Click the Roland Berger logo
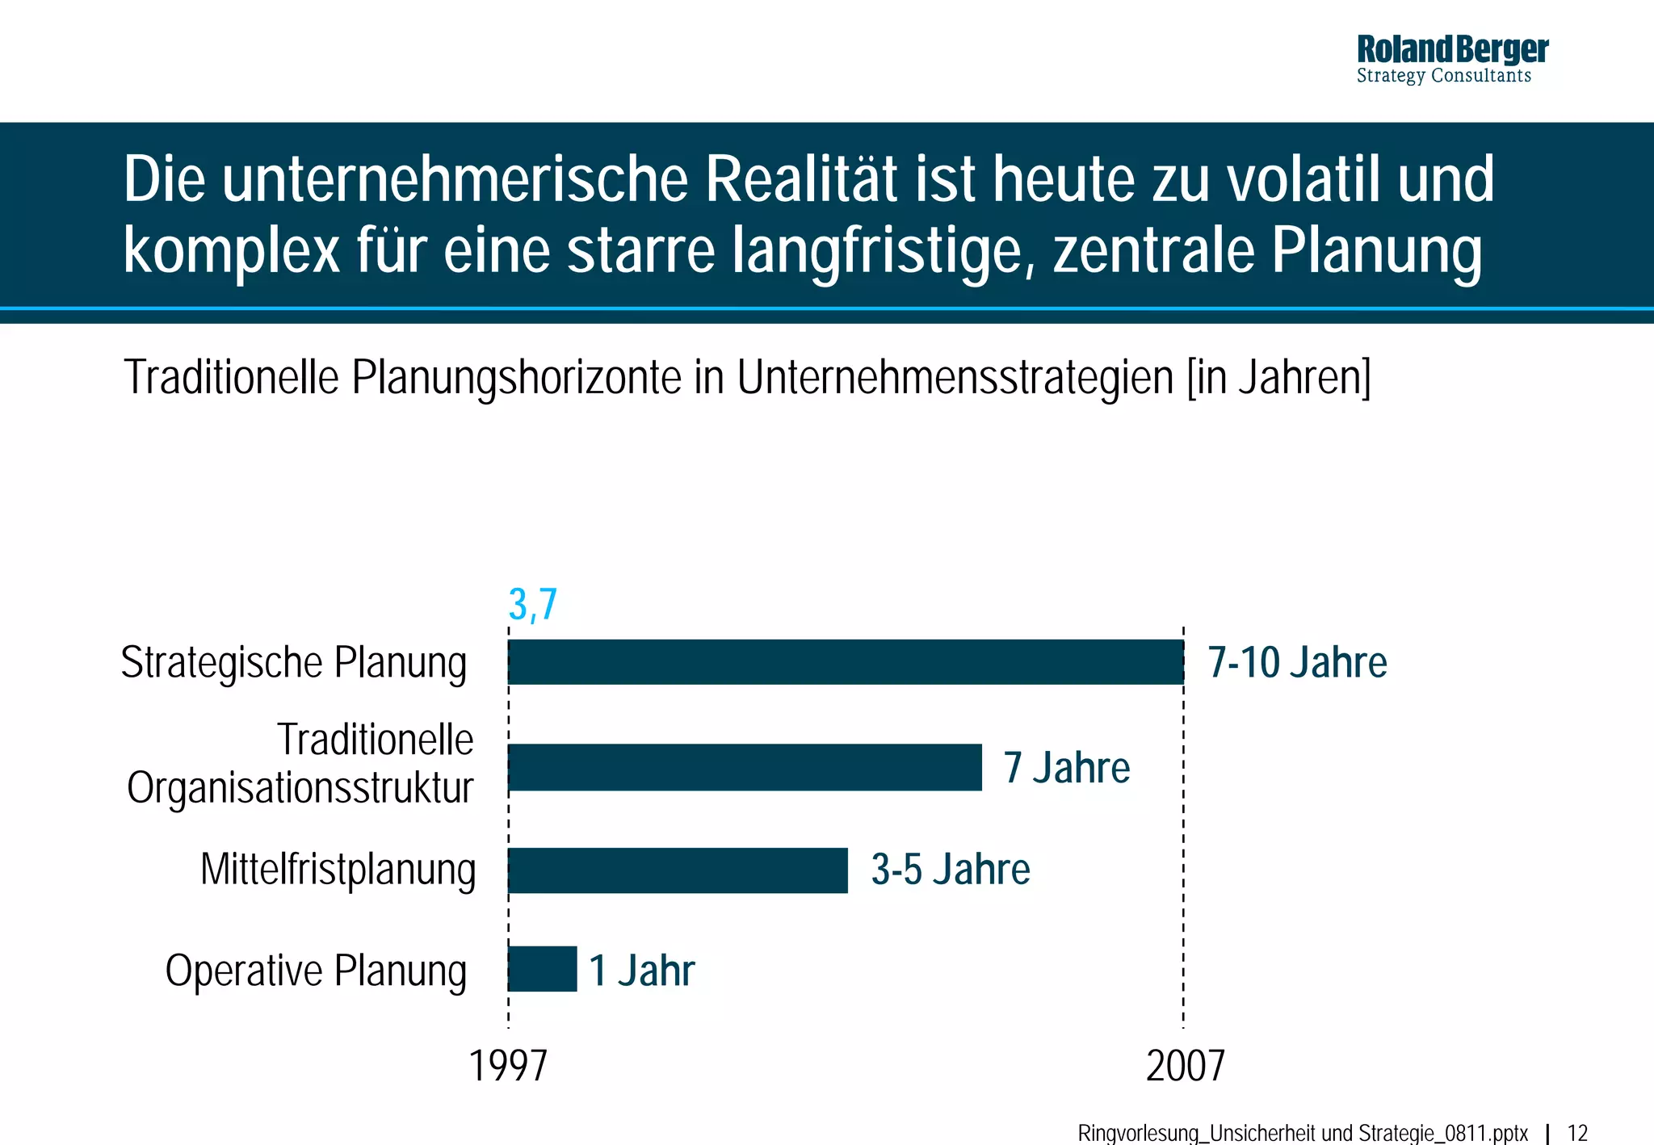[1452, 59]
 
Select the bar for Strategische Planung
[846, 662]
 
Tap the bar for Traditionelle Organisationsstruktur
[745, 767]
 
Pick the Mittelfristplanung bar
[678, 870]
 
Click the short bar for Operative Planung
[543, 969]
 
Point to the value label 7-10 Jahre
[1297, 663]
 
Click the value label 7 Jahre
[1066, 767]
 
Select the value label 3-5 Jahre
[951, 870]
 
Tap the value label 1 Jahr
[641, 970]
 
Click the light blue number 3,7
[533, 604]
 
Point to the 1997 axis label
[508, 1066]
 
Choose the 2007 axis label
[1185, 1066]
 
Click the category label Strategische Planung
[294, 663]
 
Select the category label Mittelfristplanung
[338, 870]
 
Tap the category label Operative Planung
[316, 970]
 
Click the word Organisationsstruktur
[300, 788]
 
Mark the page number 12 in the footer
[1577, 1133]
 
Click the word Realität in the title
[800, 179]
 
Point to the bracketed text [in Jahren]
[1278, 377]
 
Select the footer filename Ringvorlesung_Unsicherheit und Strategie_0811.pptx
[1303, 1133]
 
